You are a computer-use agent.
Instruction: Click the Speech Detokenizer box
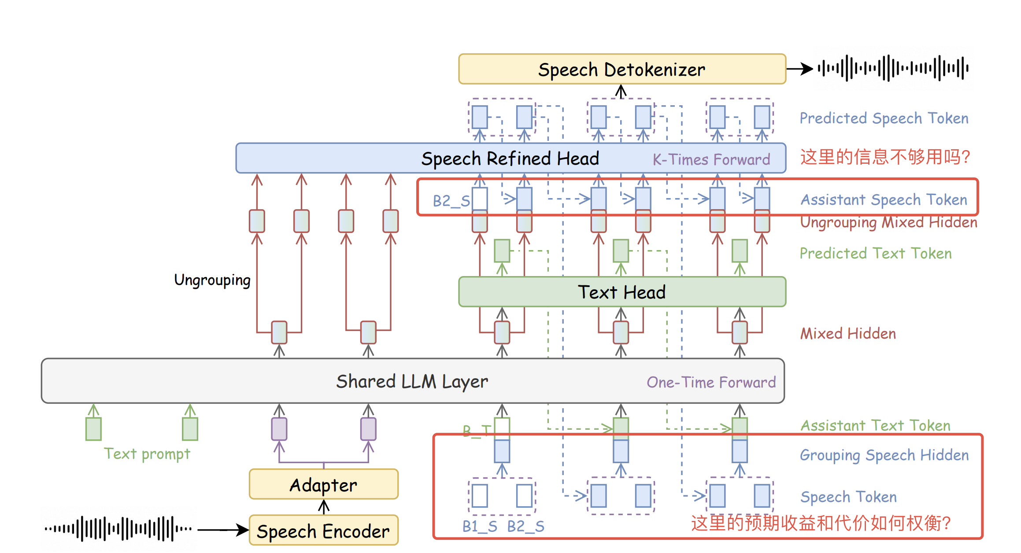click(621, 69)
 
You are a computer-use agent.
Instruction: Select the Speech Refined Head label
click(510, 159)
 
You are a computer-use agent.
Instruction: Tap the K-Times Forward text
click(711, 159)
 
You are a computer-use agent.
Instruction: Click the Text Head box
click(621, 292)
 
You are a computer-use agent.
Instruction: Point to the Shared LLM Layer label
click(412, 381)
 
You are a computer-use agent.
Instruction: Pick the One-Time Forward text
click(711, 382)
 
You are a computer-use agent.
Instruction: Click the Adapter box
click(323, 485)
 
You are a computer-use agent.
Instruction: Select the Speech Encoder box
click(323, 531)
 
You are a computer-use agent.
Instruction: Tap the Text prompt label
click(147, 453)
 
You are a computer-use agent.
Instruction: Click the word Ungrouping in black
click(212, 280)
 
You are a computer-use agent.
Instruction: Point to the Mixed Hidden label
click(848, 334)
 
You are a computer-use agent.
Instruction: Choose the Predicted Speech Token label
click(884, 118)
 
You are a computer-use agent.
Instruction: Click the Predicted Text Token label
click(876, 253)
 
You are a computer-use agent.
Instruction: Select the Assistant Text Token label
click(875, 425)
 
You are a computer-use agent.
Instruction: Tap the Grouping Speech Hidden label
click(884, 455)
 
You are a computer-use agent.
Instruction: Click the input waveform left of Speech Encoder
click(118, 528)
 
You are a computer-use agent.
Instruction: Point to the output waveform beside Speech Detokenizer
click(893, 68)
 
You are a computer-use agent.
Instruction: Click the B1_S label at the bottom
click(480, 526)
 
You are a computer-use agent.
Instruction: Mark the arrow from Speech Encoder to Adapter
click(324, 507)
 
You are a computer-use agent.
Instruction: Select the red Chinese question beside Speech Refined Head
click(885, 157)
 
